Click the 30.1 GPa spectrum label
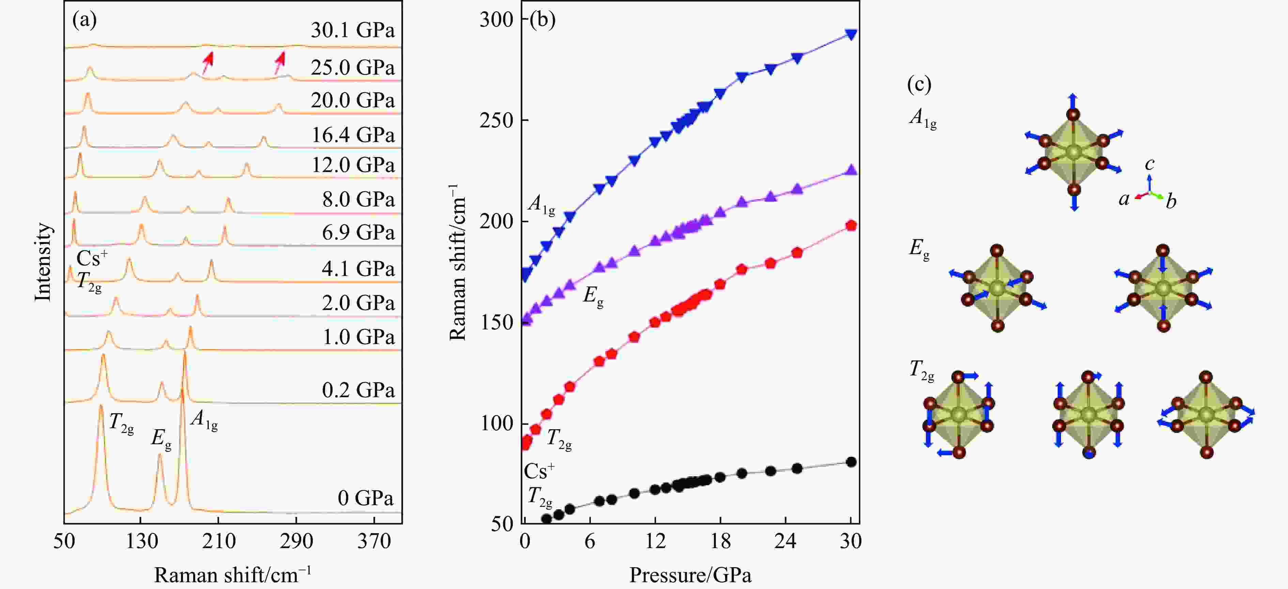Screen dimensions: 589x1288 [353, 31]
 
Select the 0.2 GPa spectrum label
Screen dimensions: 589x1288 [358, 390]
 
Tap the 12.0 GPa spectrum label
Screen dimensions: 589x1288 [353, 165]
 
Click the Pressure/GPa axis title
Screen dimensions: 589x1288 [690, 575]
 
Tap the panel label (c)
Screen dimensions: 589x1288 [919, 84]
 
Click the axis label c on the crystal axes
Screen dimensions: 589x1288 [1150, 164]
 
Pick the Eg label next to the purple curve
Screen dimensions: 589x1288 [593, 297]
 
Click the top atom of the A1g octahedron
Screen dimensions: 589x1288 [1073, 114]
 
